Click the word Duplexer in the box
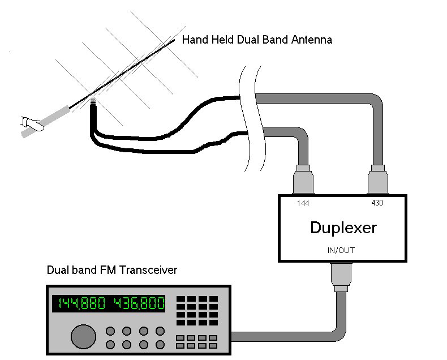tap(343, 228)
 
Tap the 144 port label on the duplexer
tap(302, 203)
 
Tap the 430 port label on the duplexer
tap(377, 203)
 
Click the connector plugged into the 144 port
tap(303, 180)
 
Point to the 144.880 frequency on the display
tap(79, 303)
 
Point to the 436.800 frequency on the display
tap(139, 303)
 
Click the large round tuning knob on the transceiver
tap(83, 336)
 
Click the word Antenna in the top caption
tap(312, 40)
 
